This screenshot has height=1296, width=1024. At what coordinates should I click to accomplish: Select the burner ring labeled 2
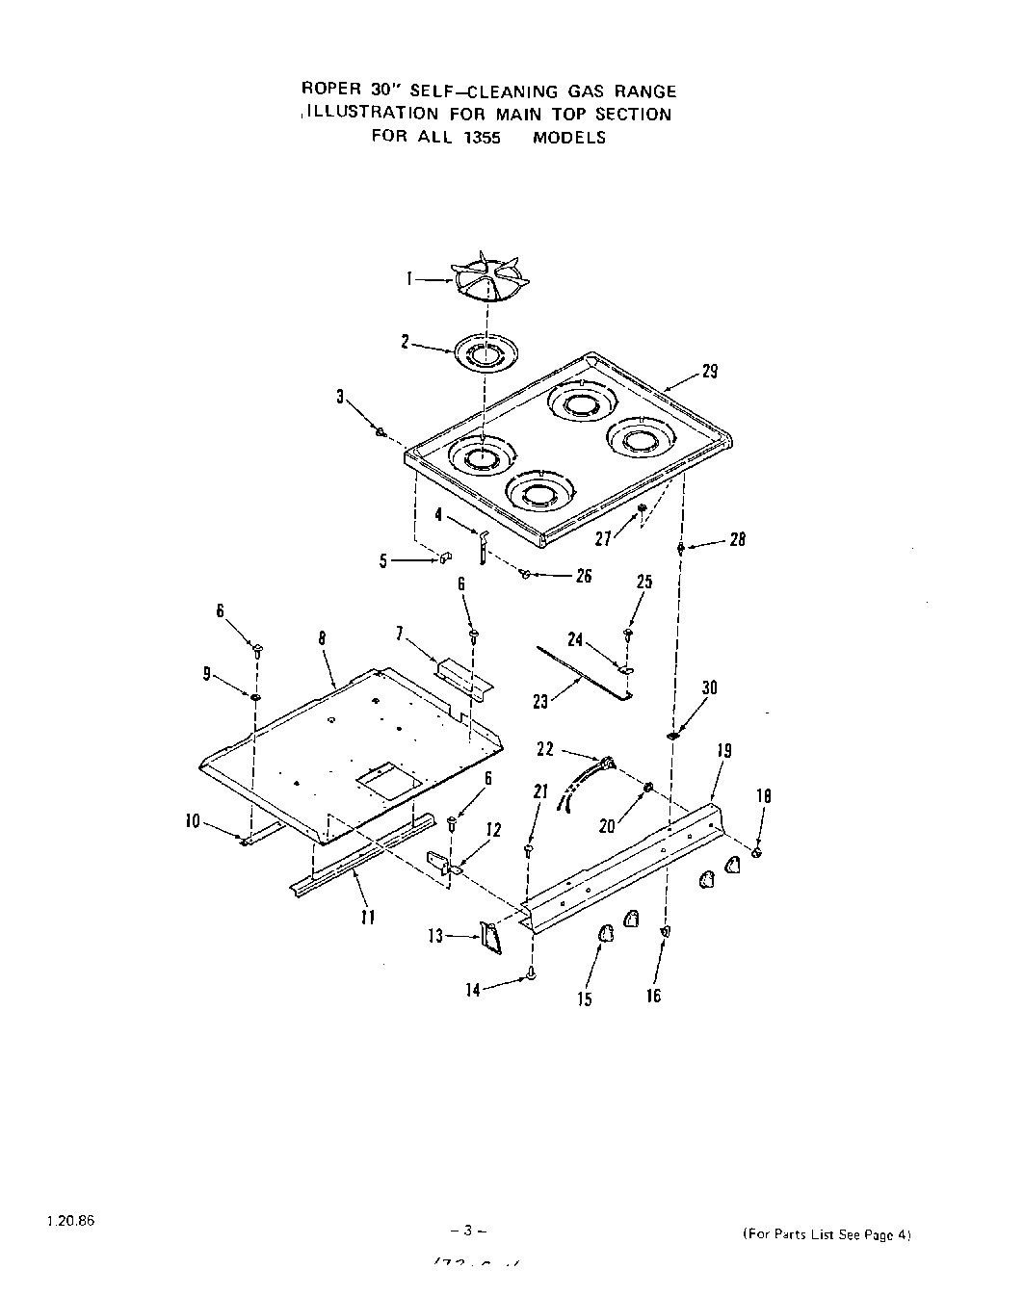[x=481, y=352]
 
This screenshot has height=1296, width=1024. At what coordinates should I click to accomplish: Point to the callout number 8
[x=322, y=637]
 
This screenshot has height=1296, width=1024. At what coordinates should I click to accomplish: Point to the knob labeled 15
[x=606, y=934]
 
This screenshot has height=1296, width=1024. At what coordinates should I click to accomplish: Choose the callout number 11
[x=366, y=918]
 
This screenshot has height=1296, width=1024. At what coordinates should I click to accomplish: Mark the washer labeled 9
[x=256, y=697]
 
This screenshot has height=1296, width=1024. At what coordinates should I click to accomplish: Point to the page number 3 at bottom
[x=466, y=1231]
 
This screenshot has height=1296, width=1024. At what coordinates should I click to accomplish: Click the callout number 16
[x=653, y=996]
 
